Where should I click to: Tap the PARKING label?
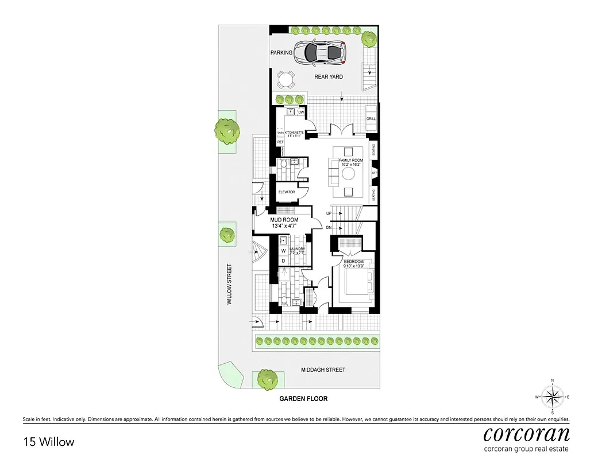(x=281, y=53)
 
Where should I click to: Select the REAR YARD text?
(x=328, y=76)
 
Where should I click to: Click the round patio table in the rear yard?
(x=286, y=79)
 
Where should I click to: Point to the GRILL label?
(x=371, y=119)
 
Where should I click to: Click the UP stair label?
(x=329, y=213)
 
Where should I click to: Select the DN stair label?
(x=329, y=228)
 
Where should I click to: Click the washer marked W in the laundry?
(x=283, y=251)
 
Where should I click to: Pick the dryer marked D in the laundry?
(x=283, y=261)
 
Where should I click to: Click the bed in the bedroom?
(x=356, y=282)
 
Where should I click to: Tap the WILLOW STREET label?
(x=229, y=284)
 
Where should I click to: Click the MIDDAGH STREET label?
(x=323, y=370)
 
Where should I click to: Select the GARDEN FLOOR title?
(x=303, y=398)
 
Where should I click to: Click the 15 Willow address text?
(x=49, y=442)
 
